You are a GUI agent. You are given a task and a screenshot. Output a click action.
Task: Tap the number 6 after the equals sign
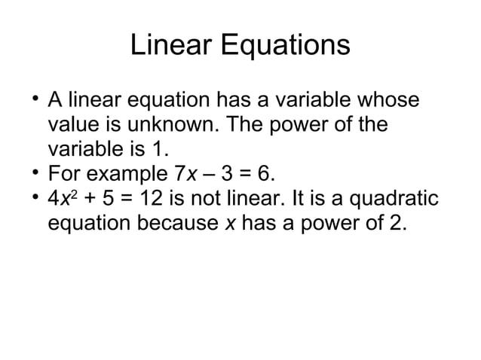[265, 175]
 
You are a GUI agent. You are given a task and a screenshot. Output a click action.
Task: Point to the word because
[175, 224]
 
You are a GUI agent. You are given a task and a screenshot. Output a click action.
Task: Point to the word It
[305, 200]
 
